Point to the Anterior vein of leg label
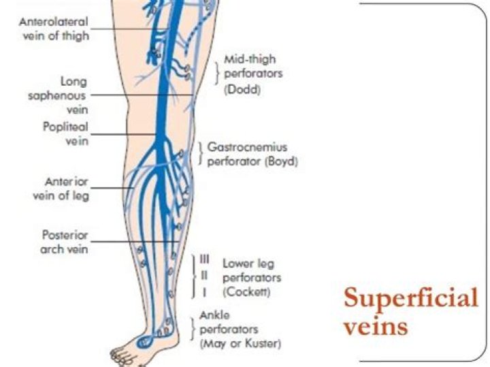coord(66,189)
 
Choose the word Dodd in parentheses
coord(242,89)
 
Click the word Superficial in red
coord(410,298)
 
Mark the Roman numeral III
coord(204,259)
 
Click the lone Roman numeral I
coord(204,291)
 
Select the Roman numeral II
coord(204,276)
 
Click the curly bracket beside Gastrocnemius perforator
coord(199,154)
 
